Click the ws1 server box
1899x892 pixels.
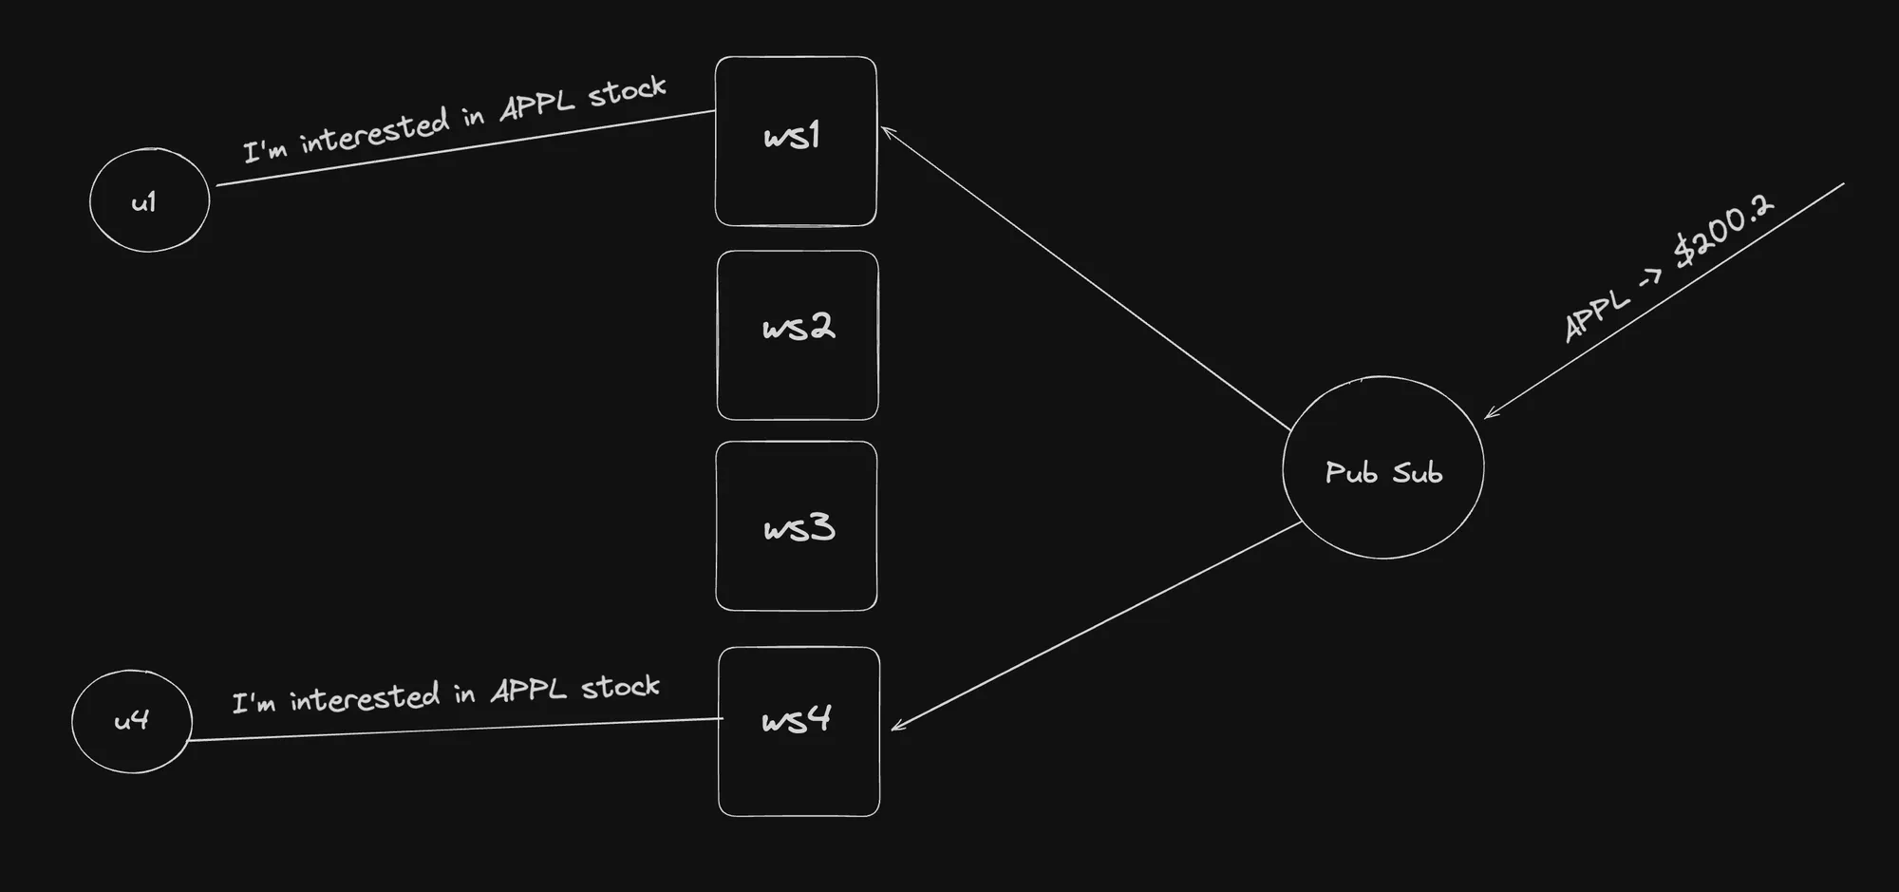coord(796,141)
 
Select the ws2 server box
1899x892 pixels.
coord(798,334)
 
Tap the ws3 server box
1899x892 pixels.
coord(797,525)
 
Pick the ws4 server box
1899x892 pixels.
coord(799,731)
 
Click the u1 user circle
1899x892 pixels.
coord(149,199)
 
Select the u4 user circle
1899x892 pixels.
coord(132,721)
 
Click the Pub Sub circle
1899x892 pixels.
coord(1382,467)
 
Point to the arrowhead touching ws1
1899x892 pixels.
coord(885,130)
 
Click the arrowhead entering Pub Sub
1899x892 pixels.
coord(1489,414)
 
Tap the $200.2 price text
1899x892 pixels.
coord(1722,232)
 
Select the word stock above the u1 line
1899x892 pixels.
coord(627,92)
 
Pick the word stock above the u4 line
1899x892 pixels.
coord(620,687)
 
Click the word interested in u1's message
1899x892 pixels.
coord(374,131)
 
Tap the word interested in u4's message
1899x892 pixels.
coord(365,698)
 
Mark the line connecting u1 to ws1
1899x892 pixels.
coord(465,148)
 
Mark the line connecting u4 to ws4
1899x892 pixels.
coord(456,730)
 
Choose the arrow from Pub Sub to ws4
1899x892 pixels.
coord(1097,625)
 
